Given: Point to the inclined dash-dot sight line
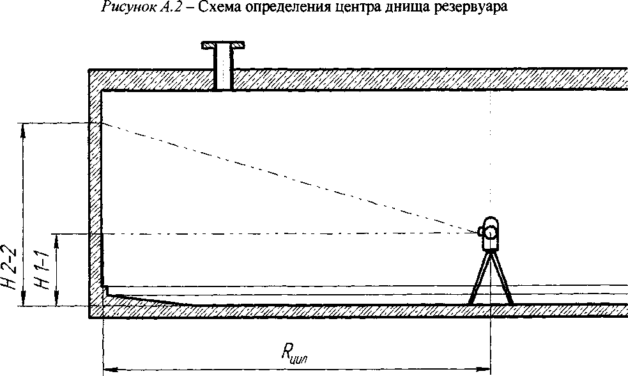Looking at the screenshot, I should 287,177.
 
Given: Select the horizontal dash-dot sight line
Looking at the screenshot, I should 287,233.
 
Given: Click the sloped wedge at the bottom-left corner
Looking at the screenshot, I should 147,299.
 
